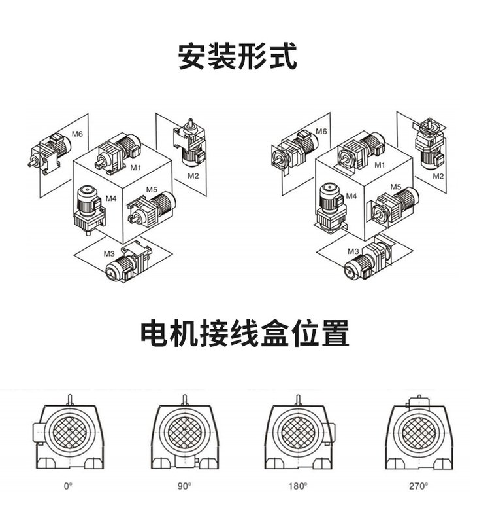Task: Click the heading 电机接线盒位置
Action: [x=245, y=333]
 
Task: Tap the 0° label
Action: [x=68, y=486]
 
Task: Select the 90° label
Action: [x=185, y=486]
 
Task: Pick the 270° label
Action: [x=419, y=486]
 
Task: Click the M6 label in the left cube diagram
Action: [x=77, y=134]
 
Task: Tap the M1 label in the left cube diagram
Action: [x=136, y=168]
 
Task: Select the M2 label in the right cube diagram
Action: [x=438, y=176]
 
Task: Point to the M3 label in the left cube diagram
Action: [x=109, y=253]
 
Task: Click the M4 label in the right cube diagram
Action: [x=351, y=196]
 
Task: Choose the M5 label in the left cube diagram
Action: [x=152, y=189]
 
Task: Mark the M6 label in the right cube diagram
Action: [x=321, y=132]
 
